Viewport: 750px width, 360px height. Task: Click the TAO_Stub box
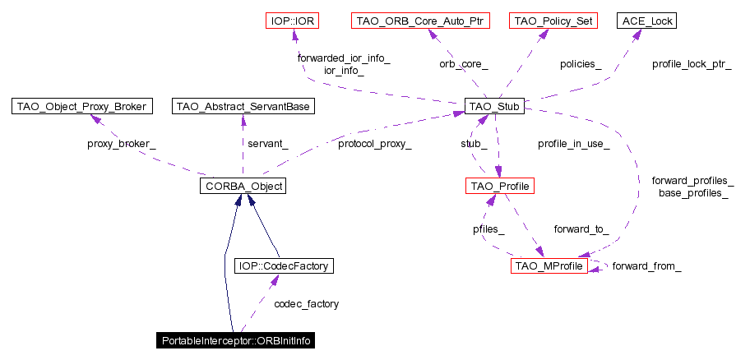(494, 106)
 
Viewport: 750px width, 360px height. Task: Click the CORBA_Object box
(242, 187)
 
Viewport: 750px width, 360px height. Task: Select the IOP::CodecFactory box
(285, 265)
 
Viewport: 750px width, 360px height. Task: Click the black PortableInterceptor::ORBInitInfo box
(237, 340)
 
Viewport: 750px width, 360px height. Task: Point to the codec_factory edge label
(306, 304)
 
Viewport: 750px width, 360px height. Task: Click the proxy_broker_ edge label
(122, 144)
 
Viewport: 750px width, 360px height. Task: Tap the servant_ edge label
(268, 144)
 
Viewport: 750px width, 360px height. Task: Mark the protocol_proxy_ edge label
(375, 144)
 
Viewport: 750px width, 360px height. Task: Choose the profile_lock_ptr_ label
(692, 63)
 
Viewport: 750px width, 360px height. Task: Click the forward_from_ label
(646, 266)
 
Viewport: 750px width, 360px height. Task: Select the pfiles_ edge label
(488, 229)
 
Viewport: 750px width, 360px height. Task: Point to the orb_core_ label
(464, 63)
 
